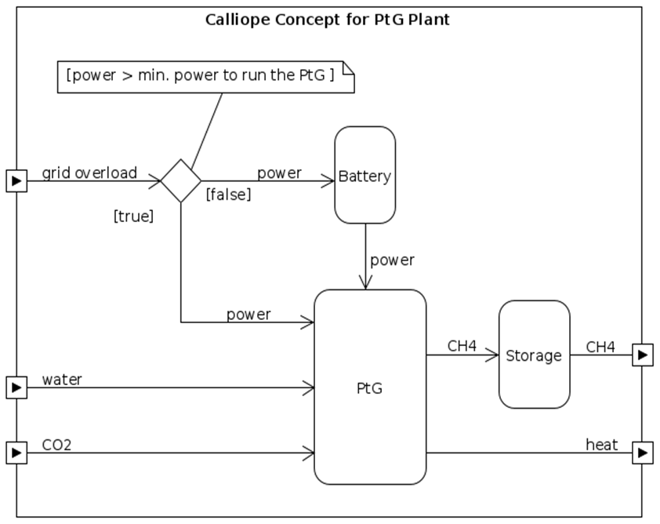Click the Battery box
tap(364, 175)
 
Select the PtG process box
tap(370, 387)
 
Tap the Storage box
tap(534, 355)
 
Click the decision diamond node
tap(181, 181)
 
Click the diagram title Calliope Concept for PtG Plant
tap(328, 20)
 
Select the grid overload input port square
tap(16, 181)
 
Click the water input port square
tap(16, 387)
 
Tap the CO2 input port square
tap(16, 453)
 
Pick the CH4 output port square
tap(643, 355)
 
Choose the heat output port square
tap(643, 453)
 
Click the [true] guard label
tap(133, 217)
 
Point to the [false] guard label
tap(228, 195)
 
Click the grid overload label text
tap(89, 173)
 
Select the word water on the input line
tap(62, 380)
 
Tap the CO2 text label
tap(56, 446)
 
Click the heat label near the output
tap(601, 446)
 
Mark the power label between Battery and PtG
tap(392, 260)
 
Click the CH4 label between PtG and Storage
tap(462, 346)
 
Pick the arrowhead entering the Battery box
tap(329, 181)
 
